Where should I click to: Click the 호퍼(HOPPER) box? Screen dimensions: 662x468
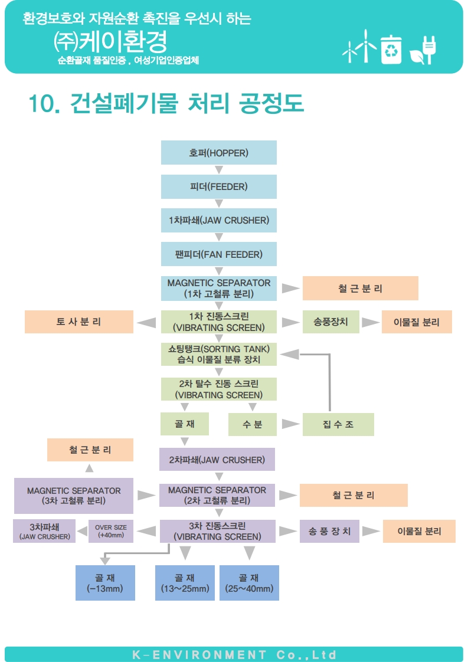tap(218, 153)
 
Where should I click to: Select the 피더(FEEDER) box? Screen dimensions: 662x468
tap(218, 186)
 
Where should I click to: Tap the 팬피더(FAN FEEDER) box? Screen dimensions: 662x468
tap(218, 254)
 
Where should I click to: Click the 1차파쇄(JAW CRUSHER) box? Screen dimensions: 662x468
tap(218, 221)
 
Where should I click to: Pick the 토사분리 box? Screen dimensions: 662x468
tap(79, 322)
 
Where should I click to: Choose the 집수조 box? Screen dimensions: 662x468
tap(338, 424)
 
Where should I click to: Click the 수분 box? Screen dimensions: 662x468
tap(253, 424)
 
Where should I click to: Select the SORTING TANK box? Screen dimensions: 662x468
tap(218, 354)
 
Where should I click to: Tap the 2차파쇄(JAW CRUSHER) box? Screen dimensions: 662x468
tap(217, 460)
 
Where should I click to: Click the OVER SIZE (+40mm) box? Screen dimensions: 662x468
tap(111, 532)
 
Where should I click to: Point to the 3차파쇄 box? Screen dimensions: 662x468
tap(44, 531)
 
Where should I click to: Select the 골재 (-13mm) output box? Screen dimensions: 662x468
tap(105, 583)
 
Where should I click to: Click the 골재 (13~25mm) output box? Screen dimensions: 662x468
tap(185, 583)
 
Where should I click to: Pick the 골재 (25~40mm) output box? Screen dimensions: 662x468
tap(249, 583)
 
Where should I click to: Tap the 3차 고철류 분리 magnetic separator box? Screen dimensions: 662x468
tap(74, 496)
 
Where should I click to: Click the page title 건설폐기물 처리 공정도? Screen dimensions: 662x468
tap(166, 104)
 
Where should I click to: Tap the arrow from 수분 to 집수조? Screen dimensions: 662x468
tap(289, 424)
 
